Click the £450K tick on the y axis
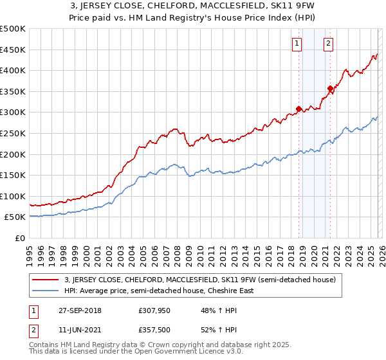tap(13, 50)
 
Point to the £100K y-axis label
tap(13, 196)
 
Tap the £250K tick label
tap(13, 133)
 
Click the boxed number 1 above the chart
tap(297, 44)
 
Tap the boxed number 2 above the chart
tap(328, 44)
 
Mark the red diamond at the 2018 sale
tap(299, 109)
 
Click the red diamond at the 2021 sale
tap(330, 89)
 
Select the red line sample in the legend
tap(46, 280)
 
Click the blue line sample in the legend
tap(46, 291)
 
